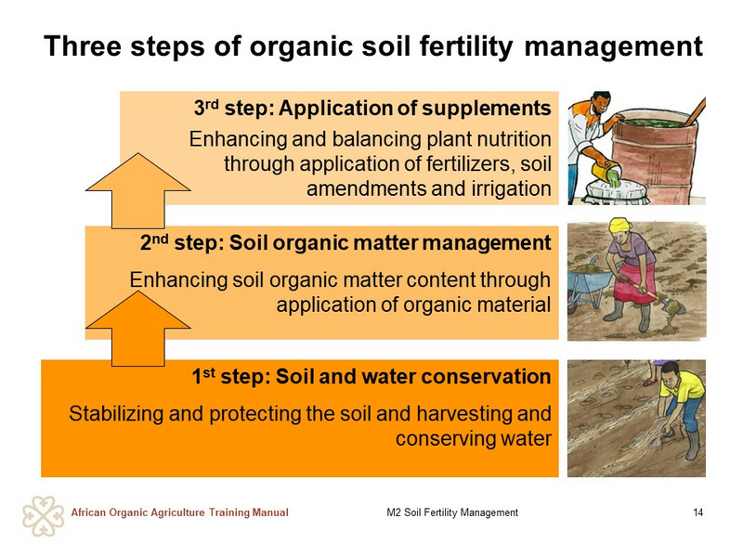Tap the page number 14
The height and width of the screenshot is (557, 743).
697,512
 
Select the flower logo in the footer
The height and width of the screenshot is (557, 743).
43,516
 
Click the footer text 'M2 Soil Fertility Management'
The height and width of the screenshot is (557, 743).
452,512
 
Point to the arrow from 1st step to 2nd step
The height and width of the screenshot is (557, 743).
137,329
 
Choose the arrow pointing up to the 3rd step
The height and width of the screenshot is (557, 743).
137,191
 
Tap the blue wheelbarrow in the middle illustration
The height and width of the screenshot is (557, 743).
589,283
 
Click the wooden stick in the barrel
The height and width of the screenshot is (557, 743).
695,112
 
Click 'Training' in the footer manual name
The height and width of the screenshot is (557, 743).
228,512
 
